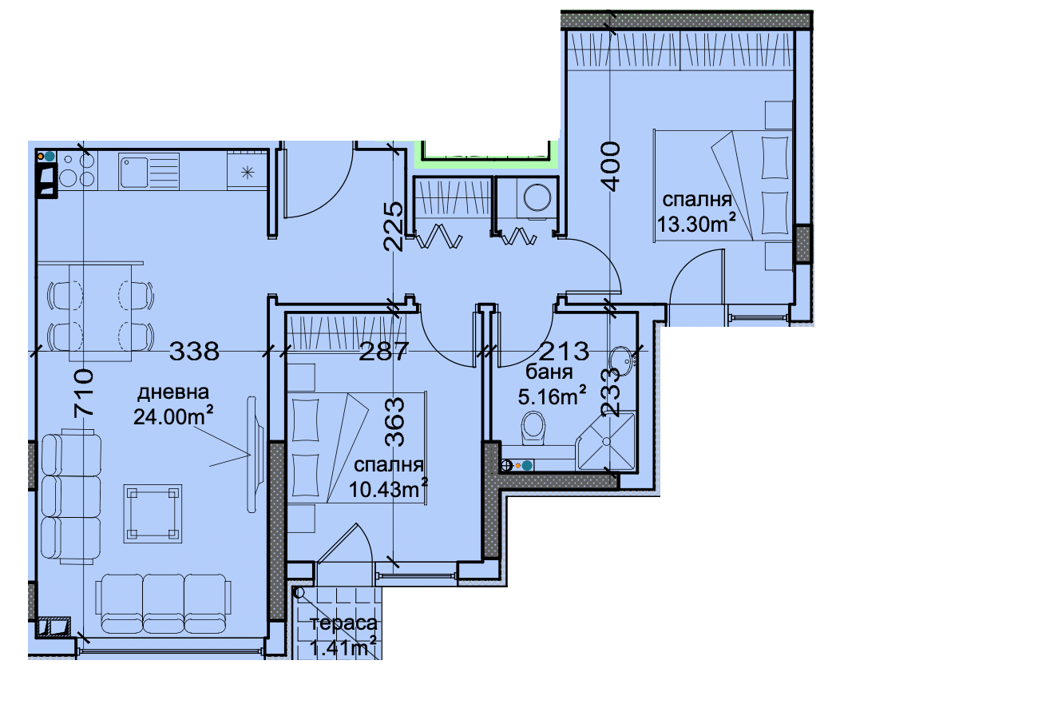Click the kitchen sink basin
[x=133, y=172]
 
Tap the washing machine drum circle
[x=537, y=197]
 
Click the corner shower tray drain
[x=606, y=441]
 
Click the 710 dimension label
[x=84, y=392]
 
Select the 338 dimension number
[x=194, y=351]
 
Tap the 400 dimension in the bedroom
[x=611, y=166]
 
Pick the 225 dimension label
[x=393, y=226]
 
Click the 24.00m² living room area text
[x=173, y=416]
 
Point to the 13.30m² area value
[x=696, y=224]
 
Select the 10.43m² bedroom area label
[x=388, y=489]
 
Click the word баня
[x=549, y=372]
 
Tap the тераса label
[x=343, y=623]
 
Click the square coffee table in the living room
[x=153, y=514]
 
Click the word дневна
[x=172, y=392]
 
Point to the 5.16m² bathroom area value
[x=552, y=396]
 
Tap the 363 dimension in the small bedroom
[x=394, y=422]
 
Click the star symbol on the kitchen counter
[x=248, y=173]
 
